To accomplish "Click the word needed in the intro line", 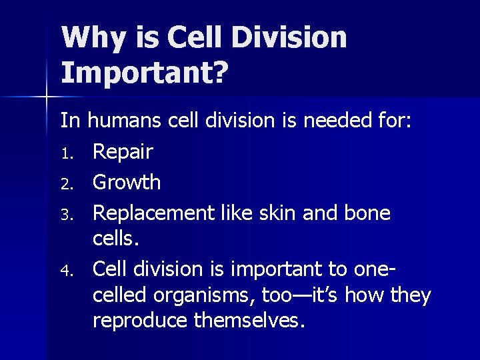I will coord(334,121).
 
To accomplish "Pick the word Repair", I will coord(123,151).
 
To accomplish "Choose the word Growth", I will coord(127,181).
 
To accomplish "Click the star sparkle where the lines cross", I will coord(47,97).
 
